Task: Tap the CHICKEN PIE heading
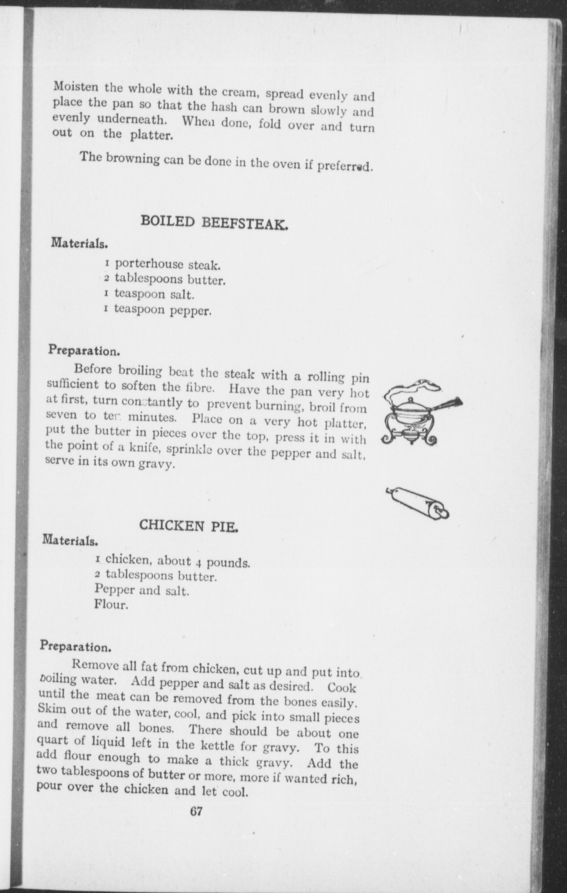189,526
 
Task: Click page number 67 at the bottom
196,811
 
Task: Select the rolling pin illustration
420,502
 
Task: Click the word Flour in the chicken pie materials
111,604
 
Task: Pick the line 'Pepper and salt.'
142,590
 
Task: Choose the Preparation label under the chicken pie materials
75,646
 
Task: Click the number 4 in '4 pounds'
199,563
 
